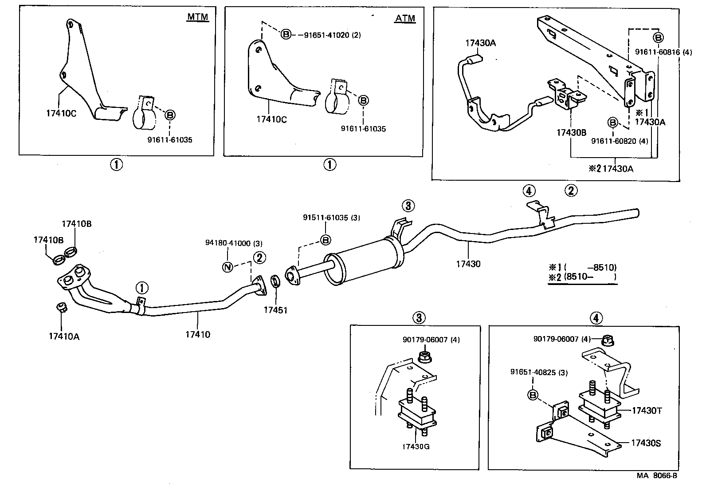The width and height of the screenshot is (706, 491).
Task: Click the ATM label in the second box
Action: tap(405, 18)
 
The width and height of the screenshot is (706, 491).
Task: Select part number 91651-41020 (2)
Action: tap(332, 35)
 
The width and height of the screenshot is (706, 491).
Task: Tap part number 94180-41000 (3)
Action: tap(234, 243)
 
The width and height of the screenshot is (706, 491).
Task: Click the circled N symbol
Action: tap(227, 267)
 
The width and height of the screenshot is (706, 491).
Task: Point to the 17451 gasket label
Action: tap(275, 310)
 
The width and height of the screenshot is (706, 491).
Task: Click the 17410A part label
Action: tap(64, 336)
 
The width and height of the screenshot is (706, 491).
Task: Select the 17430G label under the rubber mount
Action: tap(416, 447)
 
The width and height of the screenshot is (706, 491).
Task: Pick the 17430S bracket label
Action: tap(646, 443)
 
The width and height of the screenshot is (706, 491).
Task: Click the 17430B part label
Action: tap(572, 132)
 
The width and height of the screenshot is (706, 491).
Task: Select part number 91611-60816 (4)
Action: tap(663, 52)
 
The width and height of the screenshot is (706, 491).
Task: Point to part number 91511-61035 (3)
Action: tap(331, 218)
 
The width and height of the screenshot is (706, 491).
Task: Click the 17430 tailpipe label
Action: tap(468, 264)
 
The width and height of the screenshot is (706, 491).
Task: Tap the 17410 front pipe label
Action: tap(198, 334)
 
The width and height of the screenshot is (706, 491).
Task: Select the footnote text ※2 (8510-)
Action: tap(582, 277)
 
